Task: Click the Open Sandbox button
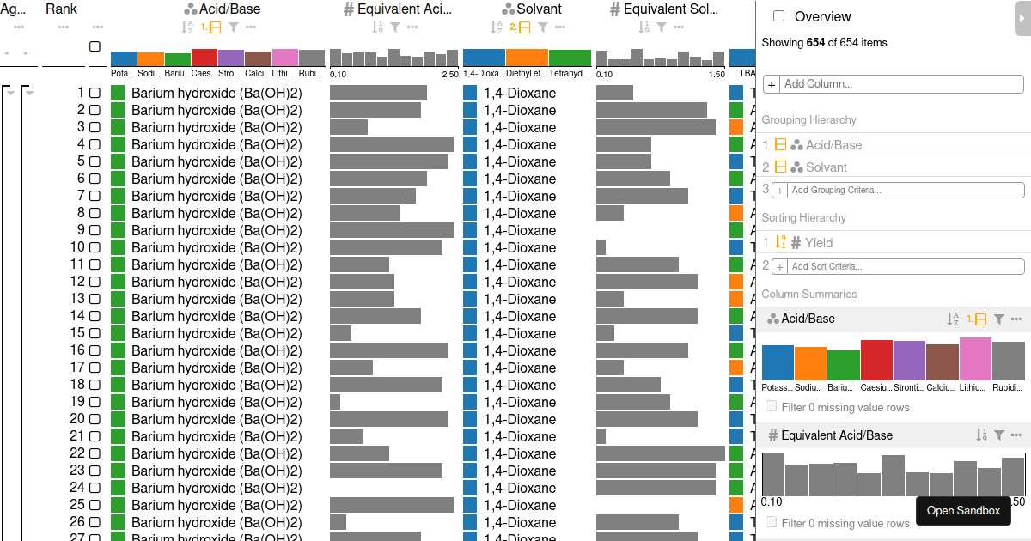[x=963, y=510]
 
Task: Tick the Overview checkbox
[x=778, y=16]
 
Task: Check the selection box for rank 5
[x=95, y=161]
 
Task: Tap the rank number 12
[x=78, y=282]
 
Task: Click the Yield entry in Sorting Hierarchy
[x=818, y=243]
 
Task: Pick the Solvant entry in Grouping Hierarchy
[x=826, y=167]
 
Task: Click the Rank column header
[x=61, y=9]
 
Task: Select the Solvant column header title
[x=539, y=9]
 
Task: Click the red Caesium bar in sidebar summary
[x=876, y=360]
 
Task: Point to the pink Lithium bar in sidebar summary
[x=975, y=359]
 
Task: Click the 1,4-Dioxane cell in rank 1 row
[x=520, y=93]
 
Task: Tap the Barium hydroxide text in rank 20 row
[x=217, y=419]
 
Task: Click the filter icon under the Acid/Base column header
[x=233, y=27]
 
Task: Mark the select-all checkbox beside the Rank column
[x=95, y=46]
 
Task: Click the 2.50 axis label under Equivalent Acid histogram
[x=449, y=74]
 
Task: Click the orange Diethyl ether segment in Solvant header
[x=527, y=58]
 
